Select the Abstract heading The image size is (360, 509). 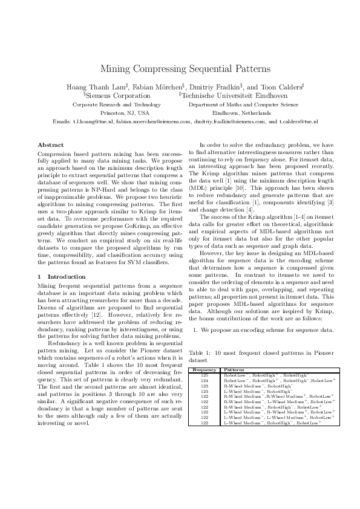(50, 145)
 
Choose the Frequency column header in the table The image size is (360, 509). (205, 369)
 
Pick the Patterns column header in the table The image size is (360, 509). (234, 369)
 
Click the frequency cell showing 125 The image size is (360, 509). (205, 375)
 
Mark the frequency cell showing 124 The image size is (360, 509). (205, 380)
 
